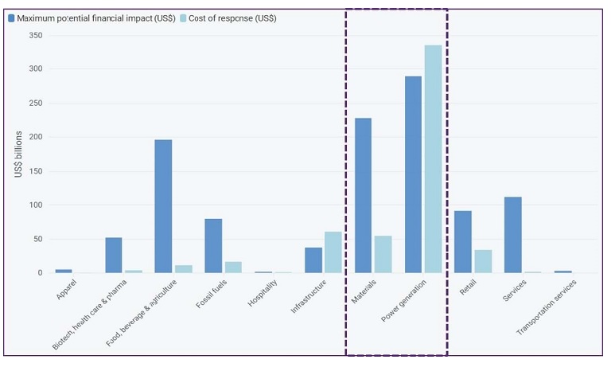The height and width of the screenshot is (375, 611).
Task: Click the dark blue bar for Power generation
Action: point(413,174)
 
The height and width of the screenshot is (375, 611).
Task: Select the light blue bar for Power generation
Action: point(433,158)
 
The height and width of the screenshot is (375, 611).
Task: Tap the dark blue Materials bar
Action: point(363,195)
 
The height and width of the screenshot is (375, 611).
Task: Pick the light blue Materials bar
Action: point(383,254)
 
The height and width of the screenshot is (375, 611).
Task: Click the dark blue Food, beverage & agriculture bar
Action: point(163,206)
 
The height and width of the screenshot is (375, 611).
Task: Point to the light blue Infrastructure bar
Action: point(333,252)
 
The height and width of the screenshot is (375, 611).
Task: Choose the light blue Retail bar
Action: point(483,261)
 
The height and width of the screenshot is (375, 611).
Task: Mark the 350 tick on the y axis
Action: point(35,36)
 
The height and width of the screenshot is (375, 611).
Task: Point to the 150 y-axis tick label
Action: point(35,171)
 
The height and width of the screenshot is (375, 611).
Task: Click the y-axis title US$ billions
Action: point(18,154)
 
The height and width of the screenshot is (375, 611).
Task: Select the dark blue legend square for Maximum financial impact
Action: point(11,18)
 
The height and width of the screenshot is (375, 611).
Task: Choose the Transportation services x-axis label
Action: point(547,306)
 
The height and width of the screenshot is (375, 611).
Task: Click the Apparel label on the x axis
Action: point(67,289)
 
